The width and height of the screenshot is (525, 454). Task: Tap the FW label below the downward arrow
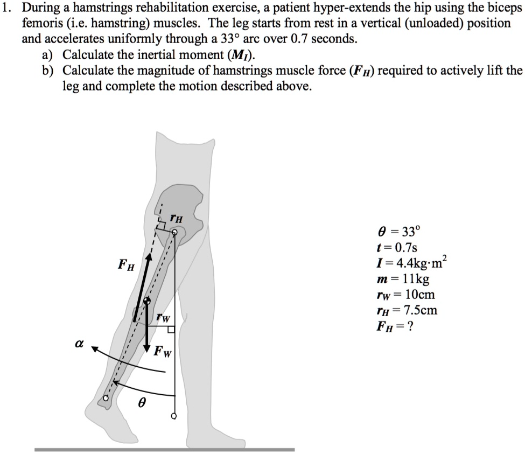tap(162, 353)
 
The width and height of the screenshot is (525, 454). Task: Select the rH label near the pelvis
tap(176, 218)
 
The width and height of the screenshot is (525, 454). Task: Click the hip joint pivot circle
tap(174, 232)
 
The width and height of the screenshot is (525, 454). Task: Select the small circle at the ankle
tap(107, 398)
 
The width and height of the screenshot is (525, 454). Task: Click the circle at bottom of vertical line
tap(174, 416)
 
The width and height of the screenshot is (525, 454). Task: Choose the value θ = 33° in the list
tap(399, 233)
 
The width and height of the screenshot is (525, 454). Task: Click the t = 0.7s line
tap(398, 248)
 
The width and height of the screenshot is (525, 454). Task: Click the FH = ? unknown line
tap(397, 326)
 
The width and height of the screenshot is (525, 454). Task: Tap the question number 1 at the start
tap(6, 9)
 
